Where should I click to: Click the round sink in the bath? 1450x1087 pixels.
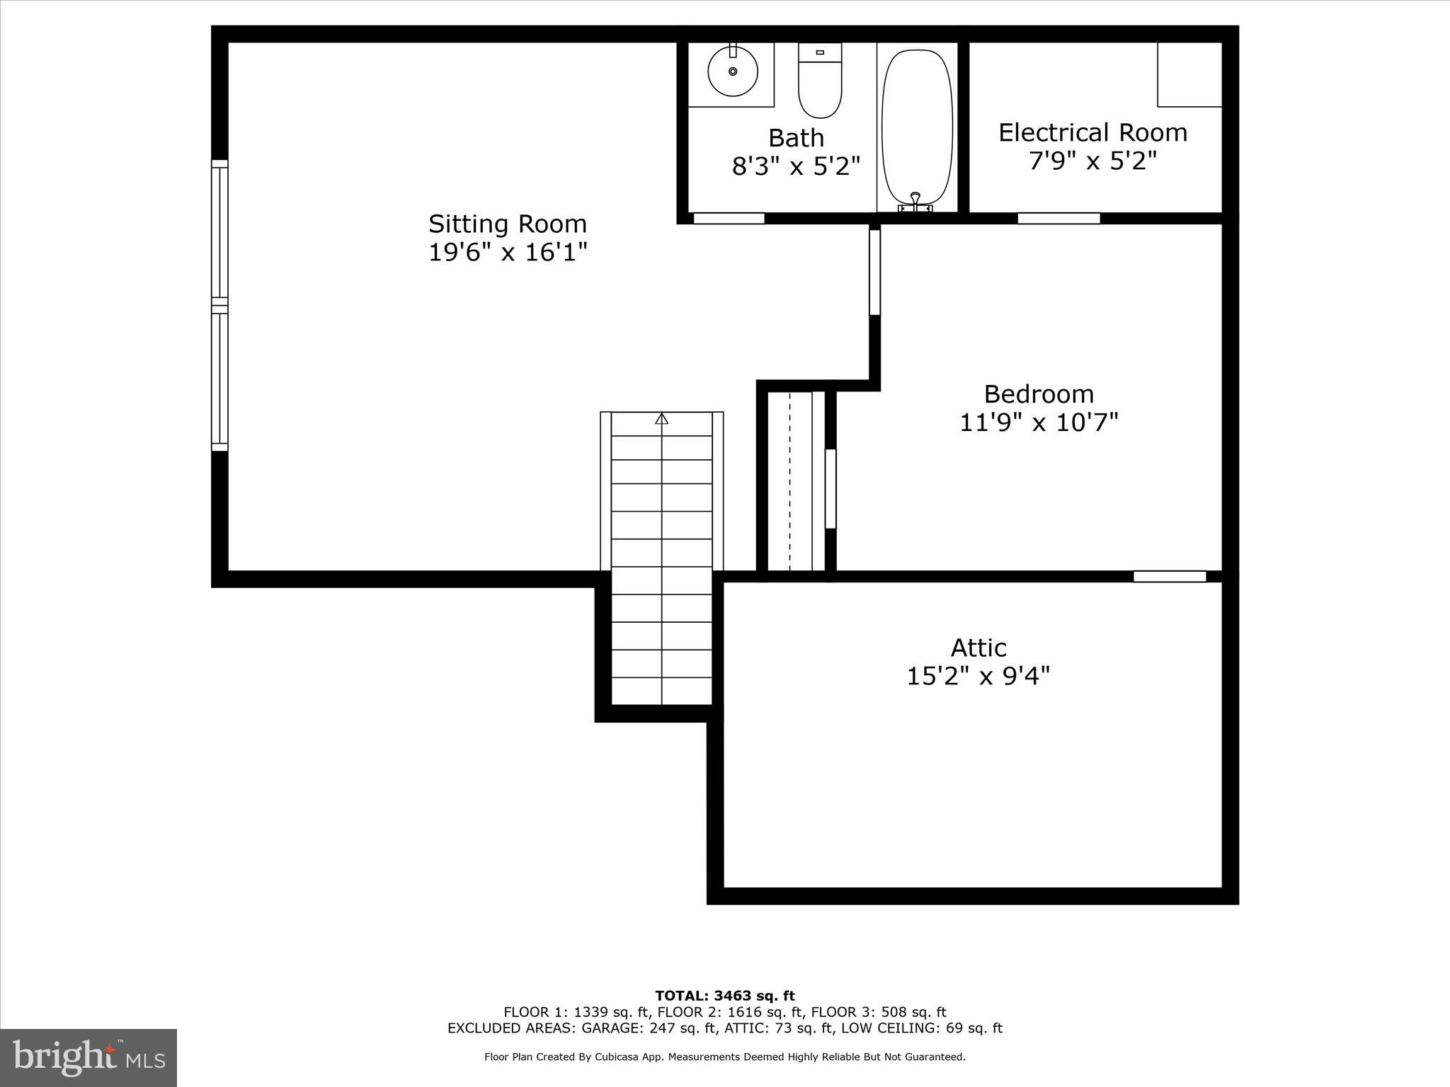(733, 71)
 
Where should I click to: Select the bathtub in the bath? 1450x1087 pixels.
(917, 127)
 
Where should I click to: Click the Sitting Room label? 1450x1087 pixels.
(508, 224)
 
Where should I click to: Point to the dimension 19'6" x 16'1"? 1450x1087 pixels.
(508, 253)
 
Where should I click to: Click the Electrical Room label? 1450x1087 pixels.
(1092, 133)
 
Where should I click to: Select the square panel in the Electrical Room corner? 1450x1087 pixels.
(1189, 74)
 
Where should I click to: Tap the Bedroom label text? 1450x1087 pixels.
(1039, 394)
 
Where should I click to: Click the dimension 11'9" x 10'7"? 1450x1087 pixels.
(1039, 423)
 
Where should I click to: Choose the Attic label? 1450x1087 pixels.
(978, 648)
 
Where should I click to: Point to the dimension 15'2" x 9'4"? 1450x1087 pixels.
(978, 677)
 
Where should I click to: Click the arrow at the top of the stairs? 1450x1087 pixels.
(662, 419)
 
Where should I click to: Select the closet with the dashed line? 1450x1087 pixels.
(791, 481)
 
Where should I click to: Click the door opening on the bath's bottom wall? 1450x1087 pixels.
(729, 219)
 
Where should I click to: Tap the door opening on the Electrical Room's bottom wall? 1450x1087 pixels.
(1058, 219)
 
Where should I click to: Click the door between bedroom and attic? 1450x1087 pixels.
(1170, 577)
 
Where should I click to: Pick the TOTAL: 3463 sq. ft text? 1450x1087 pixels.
(725, 996)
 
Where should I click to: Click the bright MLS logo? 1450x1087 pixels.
(89, 1057)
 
